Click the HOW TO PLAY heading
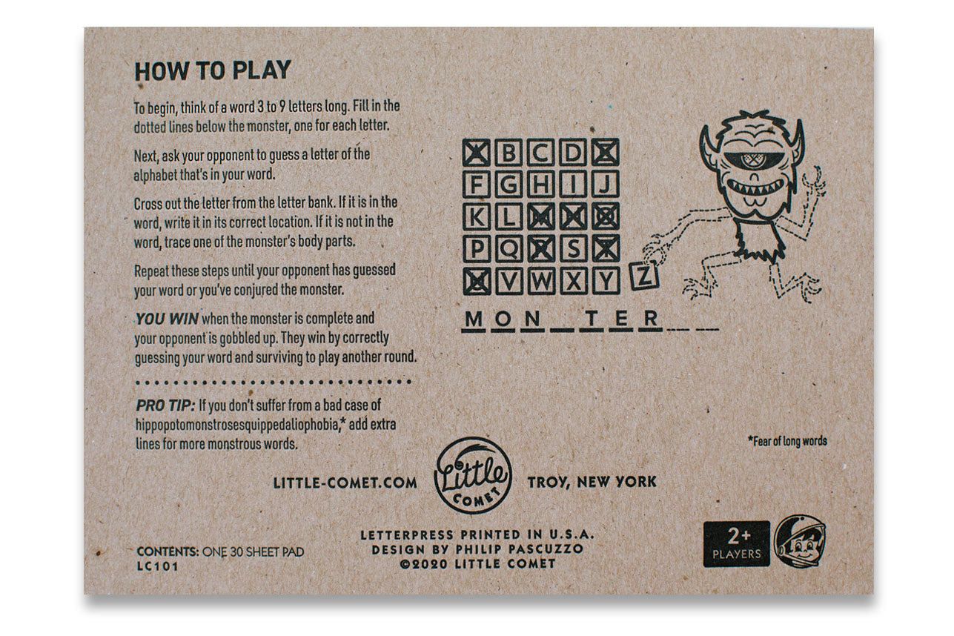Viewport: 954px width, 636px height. tap(213, 70)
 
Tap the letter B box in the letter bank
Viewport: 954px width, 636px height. tap(509, 152)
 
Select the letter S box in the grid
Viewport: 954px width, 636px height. tap(573, 249)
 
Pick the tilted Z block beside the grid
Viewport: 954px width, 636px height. tap(644, 276)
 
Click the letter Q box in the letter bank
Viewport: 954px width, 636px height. tap(509, 249)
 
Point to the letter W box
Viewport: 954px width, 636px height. tap(541, 281)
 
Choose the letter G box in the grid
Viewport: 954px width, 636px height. tap(509, 185)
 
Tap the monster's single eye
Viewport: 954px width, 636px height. tap(749, 160)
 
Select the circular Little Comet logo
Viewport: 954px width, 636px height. tap(473, 475)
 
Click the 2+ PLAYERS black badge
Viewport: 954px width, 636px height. tap(736, 543)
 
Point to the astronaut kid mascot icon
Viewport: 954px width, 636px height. tap(800, 542)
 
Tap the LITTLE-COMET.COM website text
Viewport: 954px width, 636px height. tap(345, 483)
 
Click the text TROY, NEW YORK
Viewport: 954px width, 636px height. tap(592, 482)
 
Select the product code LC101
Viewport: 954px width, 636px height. tap(157, 566)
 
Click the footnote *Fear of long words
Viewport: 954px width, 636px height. tap(787, 441)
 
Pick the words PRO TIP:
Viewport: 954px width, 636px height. tap(166, 405)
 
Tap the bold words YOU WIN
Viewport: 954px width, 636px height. tap(167, 319)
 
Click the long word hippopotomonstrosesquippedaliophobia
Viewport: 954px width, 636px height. tap(236, 425)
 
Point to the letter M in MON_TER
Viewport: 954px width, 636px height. tap(474, 319)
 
